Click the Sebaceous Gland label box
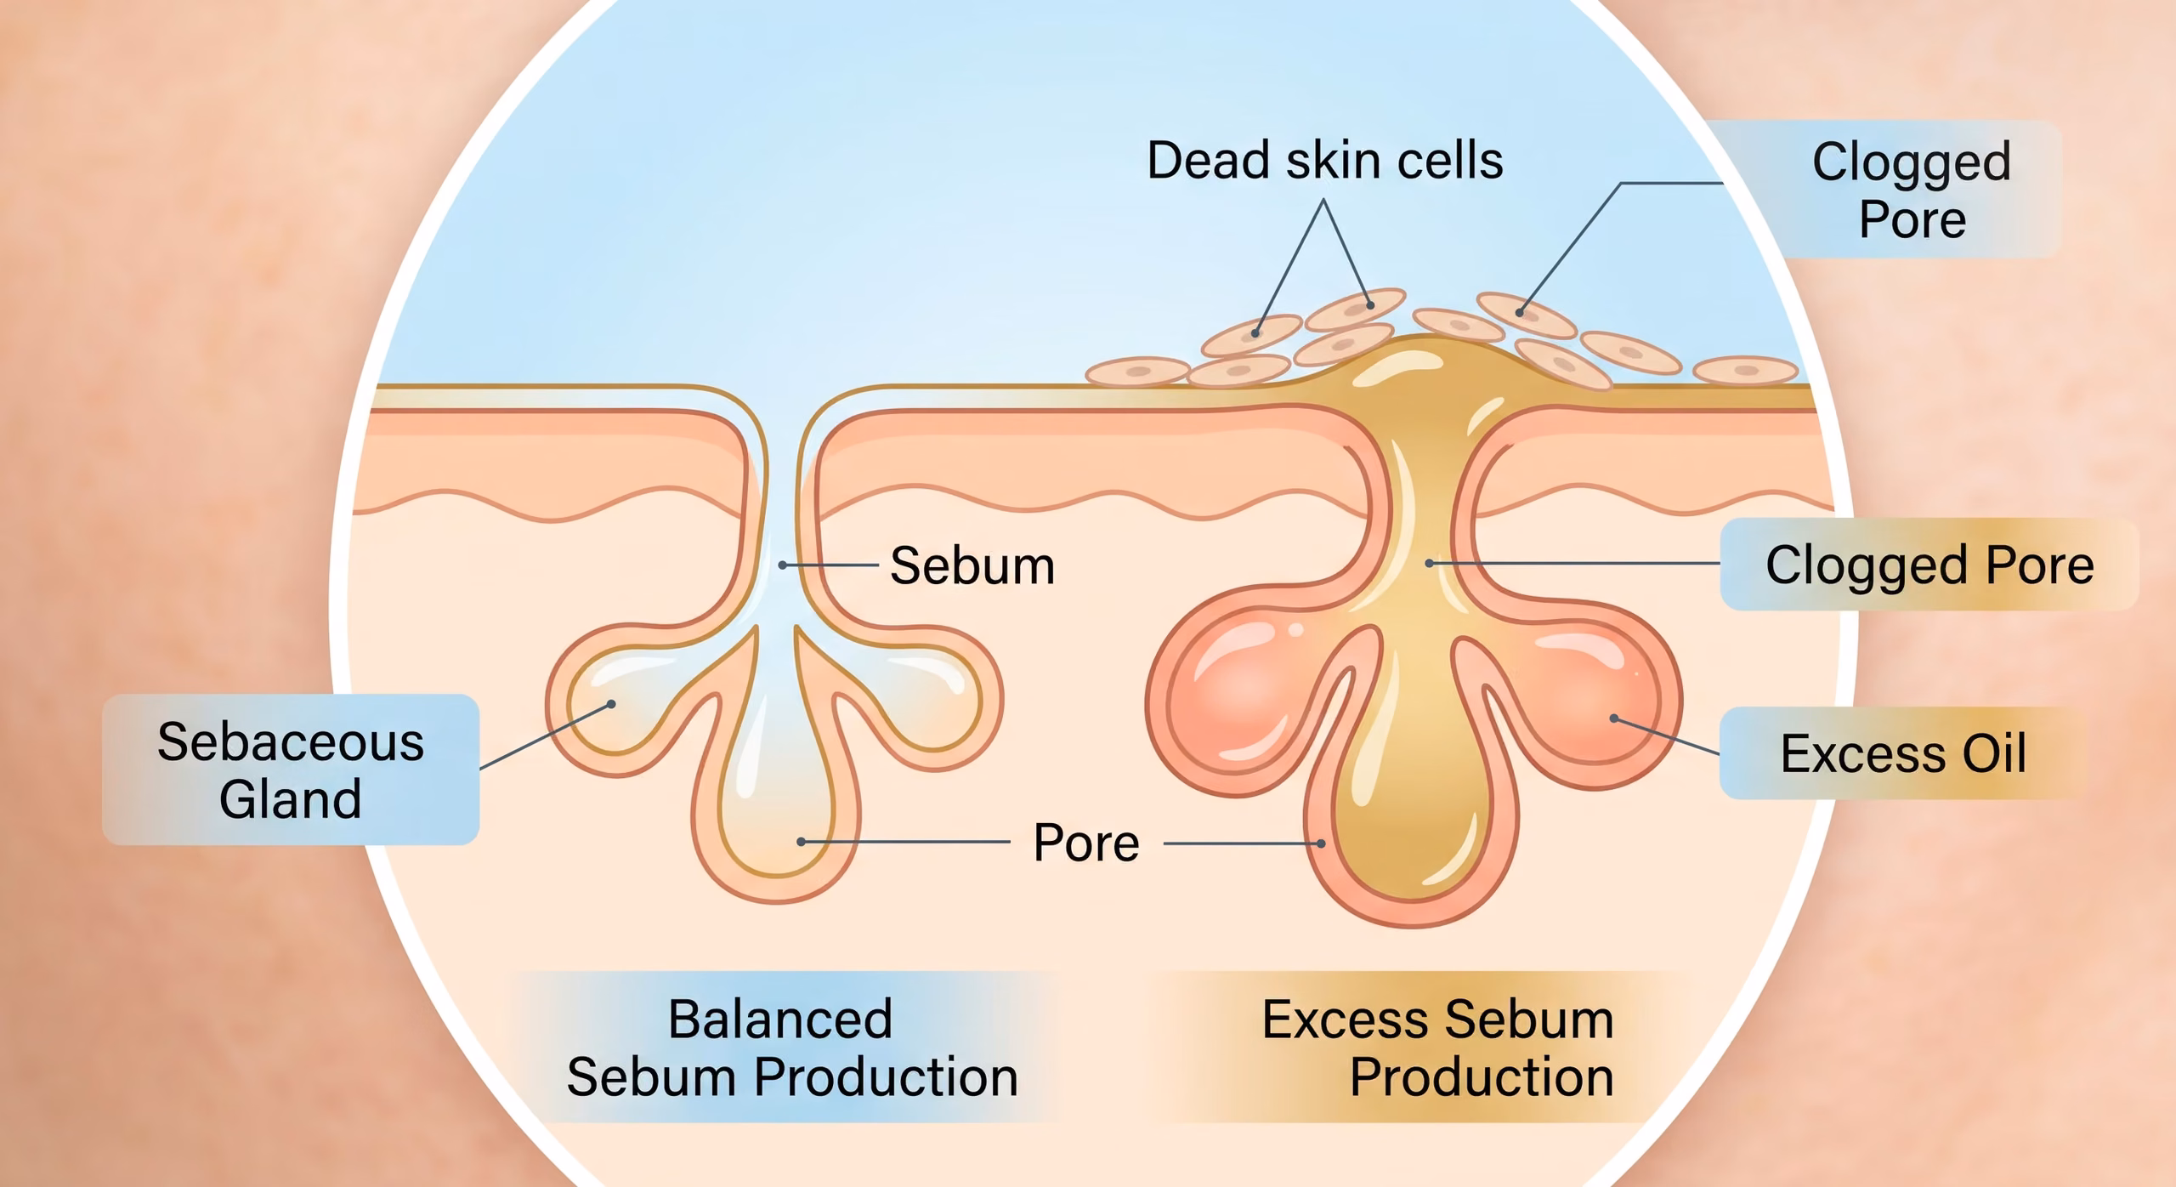(x=291, y=770)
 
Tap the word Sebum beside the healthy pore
(x=972, y=565)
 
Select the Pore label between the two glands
(x=1086, y=843)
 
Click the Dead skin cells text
(x=1325, y=161)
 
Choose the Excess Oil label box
(x=1903, y=753)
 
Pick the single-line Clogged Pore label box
(x=1929, y=565)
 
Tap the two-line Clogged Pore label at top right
(x=1912, y=190)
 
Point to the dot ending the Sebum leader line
(x=782, y=565)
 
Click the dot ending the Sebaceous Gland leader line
(x=611, y=704)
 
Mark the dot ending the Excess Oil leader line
(x=1614, y=718)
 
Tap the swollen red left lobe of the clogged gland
(x=1232, y=697)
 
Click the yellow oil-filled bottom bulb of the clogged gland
(x=1411, y=816)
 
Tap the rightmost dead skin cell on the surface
(x=1745, y=371)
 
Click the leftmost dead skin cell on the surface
(x=1137, y=372)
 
